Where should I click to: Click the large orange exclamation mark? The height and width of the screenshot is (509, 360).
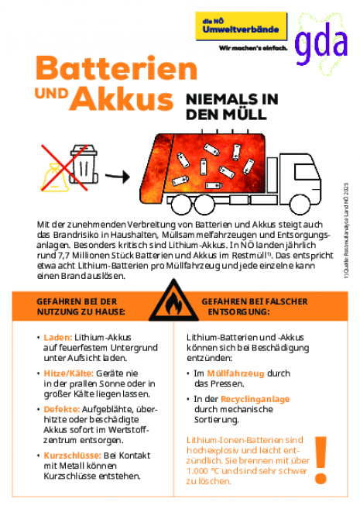320,457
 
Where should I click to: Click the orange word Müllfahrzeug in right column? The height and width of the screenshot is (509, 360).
232,373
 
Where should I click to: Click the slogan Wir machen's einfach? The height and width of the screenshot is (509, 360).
252,47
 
